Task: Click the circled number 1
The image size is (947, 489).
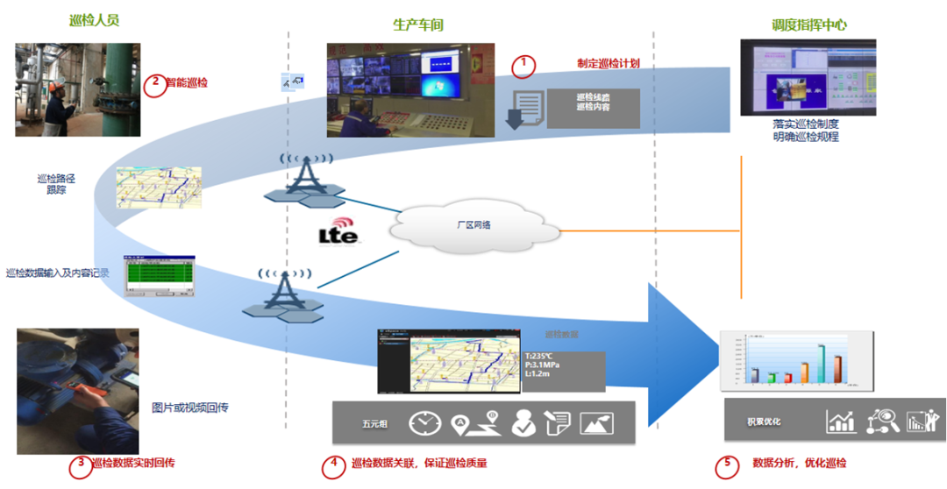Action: click(523, 65)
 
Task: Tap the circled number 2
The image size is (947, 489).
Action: click(154, 84)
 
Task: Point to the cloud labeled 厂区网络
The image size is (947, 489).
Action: click(474, 225)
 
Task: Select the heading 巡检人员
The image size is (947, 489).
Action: click(95, 20)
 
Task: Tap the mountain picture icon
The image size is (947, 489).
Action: click(595, 422)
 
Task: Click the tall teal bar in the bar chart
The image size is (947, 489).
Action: click(822, 363)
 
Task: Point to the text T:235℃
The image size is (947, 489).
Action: click(540, 357)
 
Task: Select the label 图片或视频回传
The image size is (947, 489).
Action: click(190, 407)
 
